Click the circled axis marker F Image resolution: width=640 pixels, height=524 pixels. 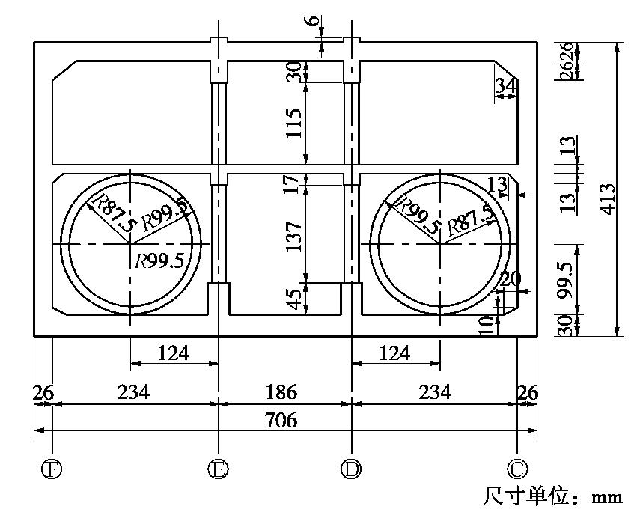(52, 469)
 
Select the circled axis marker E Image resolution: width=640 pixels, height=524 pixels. (218, 469)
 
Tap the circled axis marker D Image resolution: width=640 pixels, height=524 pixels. (351, 469)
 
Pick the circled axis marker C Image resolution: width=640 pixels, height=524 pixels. (517, 469)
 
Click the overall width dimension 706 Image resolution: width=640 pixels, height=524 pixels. (281, 421)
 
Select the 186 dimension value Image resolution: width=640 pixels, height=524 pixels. (281, 392)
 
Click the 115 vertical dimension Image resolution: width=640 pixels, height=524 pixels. (293, 123)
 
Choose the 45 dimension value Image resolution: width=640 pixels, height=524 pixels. (293, 300)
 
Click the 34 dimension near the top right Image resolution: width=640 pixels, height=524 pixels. (505, 88)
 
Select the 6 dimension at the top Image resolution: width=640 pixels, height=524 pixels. (312, 20)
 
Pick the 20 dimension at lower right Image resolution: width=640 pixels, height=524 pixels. (511, 279)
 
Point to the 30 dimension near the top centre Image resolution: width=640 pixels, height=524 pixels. (293, 72)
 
